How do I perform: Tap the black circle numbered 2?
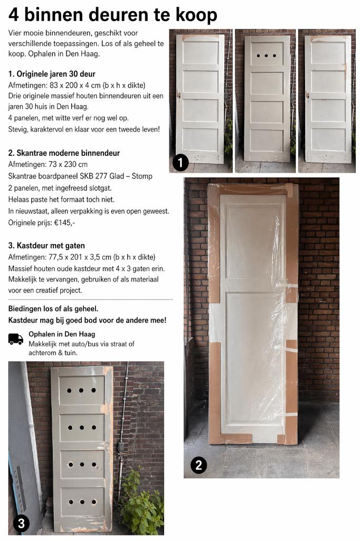pos(198,465)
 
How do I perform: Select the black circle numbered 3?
pos(21,523)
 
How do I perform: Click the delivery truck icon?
pos(16,339)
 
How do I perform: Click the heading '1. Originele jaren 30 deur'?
pos(52,73)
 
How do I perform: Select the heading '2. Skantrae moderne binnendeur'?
pos(64,153)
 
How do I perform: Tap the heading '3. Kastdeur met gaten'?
pos(46,246)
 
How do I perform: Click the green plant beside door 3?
pos(141,506)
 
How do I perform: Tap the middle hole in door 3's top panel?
pos(81,390)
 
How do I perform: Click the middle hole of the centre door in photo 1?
pos(267,55)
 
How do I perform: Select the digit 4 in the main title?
pos(14,14)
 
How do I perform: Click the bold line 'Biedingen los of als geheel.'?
pos(53,309)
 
